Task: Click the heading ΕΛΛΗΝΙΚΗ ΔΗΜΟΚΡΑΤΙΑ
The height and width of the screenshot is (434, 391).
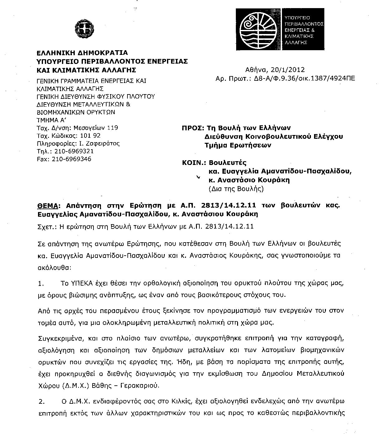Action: point(82,53)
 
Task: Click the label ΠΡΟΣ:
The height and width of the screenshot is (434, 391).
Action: point(193,128)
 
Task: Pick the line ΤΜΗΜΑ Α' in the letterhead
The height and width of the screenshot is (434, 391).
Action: point(51,120)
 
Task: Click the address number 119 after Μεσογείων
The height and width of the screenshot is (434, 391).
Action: point(112,128)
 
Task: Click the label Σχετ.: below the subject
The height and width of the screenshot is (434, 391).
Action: point(46,227)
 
